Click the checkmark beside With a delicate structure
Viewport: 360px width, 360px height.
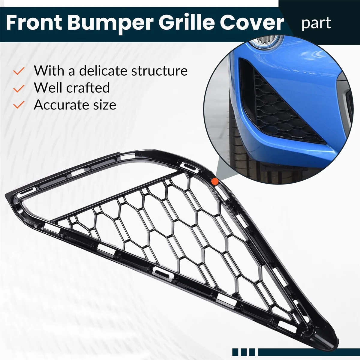(19, 71)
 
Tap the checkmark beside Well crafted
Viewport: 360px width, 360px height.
(19, 88)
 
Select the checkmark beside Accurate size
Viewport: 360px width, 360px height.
(19, 105)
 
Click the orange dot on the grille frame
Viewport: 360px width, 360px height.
(215, 181)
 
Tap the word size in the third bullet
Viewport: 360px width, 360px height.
(106, 105)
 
